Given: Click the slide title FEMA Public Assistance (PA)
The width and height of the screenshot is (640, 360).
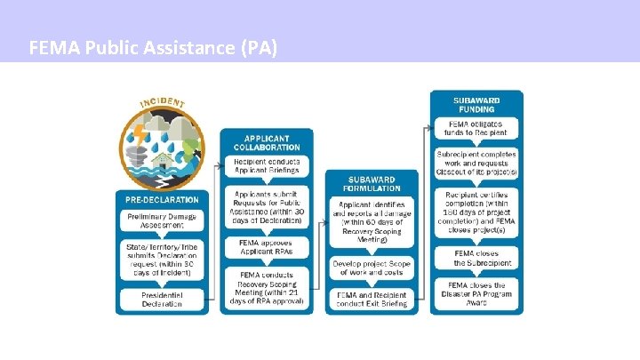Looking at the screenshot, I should pos(153,46).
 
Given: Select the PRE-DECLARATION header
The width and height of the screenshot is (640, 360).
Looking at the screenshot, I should pos(162,199).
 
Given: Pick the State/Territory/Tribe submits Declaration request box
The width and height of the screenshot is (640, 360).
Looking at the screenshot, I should pos(162,259).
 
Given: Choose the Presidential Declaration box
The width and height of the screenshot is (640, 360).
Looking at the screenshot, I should pos(162,299).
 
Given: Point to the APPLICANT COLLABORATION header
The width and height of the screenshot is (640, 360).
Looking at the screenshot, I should pos(267,141).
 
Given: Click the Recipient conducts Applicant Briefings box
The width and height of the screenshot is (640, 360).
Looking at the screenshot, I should pos(267,166).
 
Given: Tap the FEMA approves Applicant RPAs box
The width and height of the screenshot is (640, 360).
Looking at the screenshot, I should pos(267,246).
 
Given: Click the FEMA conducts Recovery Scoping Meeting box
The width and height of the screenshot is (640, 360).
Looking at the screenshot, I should pos(267,287).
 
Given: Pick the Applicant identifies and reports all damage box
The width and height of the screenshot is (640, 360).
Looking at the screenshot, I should pos(367,222).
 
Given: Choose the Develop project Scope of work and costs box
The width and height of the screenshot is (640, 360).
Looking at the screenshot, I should pos(367,268).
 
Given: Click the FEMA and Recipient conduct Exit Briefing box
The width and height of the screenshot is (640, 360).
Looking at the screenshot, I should pos(367,299).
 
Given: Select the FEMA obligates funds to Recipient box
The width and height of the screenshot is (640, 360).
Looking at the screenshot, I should pos(476,128).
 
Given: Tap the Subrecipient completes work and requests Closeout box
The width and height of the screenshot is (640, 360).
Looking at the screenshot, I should pos(476,162).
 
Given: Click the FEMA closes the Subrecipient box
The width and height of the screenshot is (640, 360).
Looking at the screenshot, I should pos(476,258).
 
